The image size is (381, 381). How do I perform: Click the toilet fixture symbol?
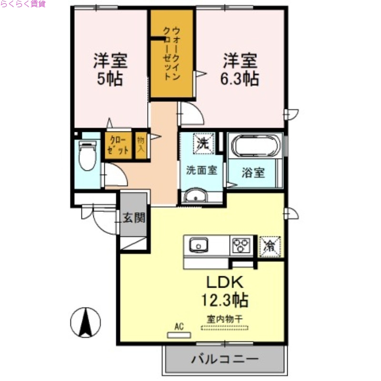(87, 155)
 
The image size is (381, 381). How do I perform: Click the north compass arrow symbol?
(86, 322)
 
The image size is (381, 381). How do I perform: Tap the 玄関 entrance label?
(134, 218)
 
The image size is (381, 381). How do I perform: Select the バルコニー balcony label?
(225, 359)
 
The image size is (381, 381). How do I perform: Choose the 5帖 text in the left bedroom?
(110, 78)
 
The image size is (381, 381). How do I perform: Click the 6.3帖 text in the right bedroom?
(239, 78)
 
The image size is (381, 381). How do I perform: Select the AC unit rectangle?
(179, 334)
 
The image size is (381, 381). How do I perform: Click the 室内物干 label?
(224, 319)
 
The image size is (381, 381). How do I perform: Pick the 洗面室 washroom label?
(201, 170)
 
